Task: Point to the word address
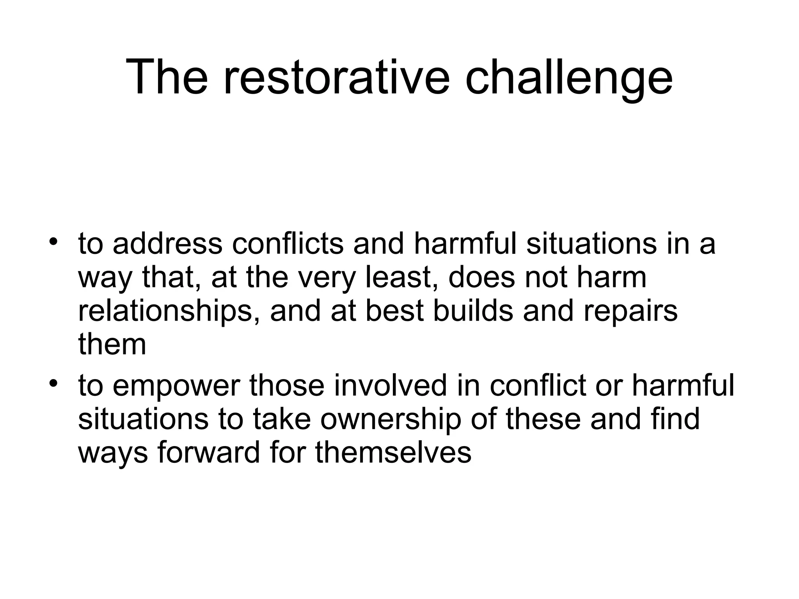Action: [167, 244]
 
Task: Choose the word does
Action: [482, 278]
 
